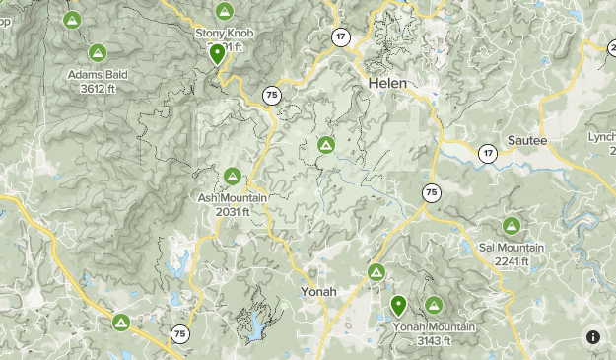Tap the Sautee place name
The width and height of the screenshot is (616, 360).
pos(527,141)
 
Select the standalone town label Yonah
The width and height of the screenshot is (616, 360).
pos(318,292)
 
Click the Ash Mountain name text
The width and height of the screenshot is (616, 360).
pos(232,197)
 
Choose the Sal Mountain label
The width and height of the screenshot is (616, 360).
pos(512,247)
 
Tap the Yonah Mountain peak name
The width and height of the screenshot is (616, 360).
pos(434,326)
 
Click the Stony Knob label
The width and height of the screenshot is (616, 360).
pos(224,33)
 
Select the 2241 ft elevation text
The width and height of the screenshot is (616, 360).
pos(512,261)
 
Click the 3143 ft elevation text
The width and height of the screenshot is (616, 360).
pos(434,340)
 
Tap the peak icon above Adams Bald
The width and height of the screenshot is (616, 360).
pos(97,52)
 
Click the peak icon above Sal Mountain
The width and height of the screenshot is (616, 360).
pos(512,226)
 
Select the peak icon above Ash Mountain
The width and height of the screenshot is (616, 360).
pos(232,177)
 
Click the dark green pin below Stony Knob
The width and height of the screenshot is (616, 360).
pos(218,54)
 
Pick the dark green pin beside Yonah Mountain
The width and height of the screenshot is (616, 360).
pos(398,305)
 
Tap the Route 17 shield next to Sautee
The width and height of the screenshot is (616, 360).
pos(487,153)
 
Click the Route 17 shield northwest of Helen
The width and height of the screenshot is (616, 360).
pos(341,37)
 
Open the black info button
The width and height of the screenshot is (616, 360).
pos(593,337)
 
